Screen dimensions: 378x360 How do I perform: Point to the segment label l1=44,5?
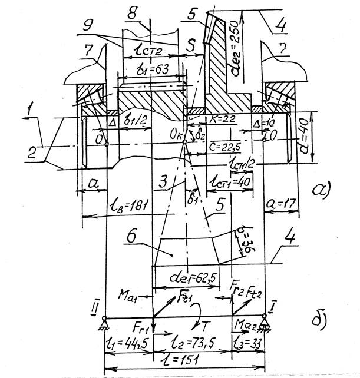pos(124,341)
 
